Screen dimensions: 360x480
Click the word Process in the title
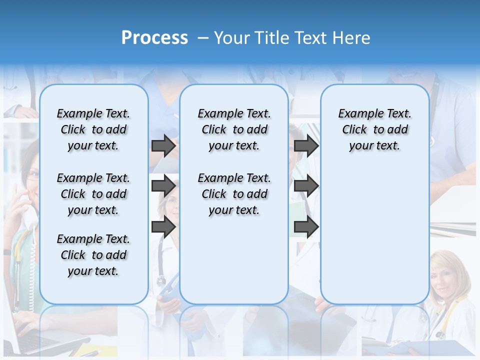coord(154,38)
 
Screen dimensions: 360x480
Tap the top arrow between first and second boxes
coord(163,146)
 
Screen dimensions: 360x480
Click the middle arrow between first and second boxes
coord(163,186)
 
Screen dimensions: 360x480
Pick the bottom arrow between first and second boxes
coord(163,226)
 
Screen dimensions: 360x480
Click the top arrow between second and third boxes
coord(306,146)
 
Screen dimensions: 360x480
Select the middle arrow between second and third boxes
coord(306,186)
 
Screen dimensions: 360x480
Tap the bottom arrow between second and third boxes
coord(306,226)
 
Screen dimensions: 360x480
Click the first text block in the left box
coord(93,129)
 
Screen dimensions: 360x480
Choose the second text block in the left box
coord(93,194)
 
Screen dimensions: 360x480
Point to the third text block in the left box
coord(93,255)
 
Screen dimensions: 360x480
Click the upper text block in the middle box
coord(234,129)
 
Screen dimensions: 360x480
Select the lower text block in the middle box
coord(234,194)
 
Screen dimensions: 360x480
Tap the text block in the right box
coord(374,129)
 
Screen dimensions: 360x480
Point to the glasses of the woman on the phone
coord(32,175)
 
